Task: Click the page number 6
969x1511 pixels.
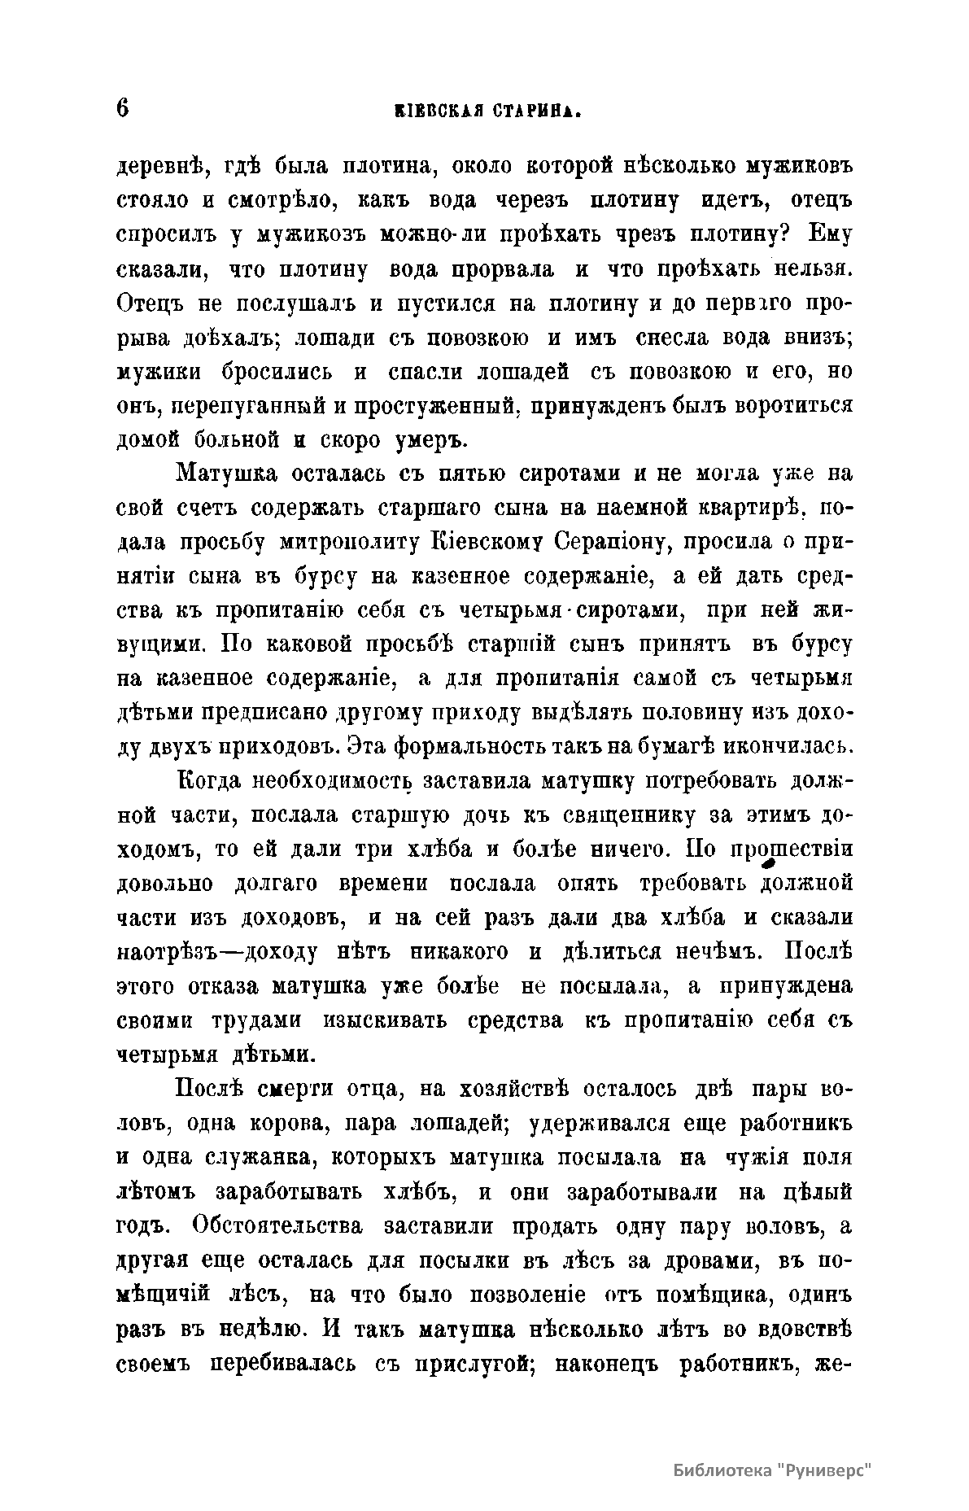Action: [124, 108]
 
